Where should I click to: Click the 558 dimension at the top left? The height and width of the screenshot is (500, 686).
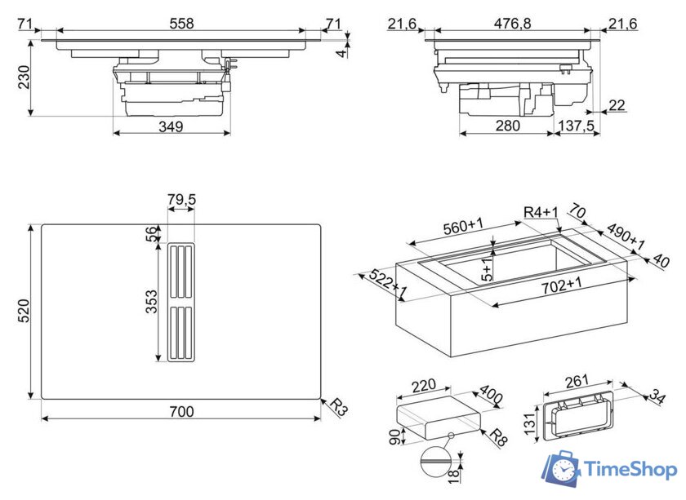click(181, 24)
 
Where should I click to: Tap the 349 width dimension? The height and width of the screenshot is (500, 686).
click(171, 126)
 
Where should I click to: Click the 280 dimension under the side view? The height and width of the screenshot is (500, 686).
click(507, 126)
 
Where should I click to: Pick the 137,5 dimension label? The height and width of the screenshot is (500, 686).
click(575, 126)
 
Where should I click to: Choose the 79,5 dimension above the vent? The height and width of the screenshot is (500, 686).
click(180, 200)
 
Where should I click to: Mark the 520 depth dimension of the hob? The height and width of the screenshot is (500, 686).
click(24, 311)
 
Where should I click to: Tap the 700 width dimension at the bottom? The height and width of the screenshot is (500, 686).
click(181, 412)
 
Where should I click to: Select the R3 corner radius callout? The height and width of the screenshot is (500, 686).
click(339, 409)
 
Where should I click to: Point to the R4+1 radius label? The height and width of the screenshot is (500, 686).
click(540, 213)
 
